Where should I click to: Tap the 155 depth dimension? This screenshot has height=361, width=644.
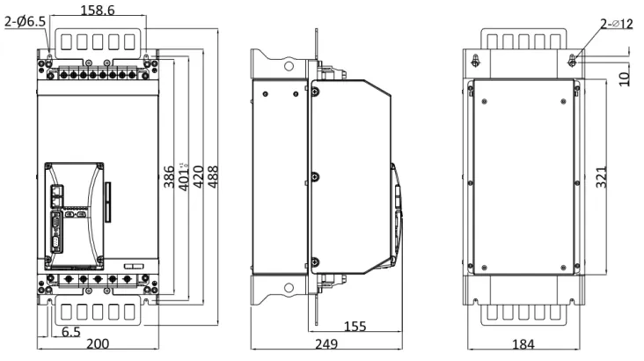click(x=355, y=327)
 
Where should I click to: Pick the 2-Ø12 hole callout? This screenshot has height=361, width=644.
click(x=616, y=24)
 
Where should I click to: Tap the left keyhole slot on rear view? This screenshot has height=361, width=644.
click(x=476, y=62)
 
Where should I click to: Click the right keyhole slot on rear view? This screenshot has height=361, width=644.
click(x=572, y=62)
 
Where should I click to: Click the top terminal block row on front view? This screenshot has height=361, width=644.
click(x=97, y=77)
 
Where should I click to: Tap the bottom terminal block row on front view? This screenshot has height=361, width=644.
click(x=97, y=281)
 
